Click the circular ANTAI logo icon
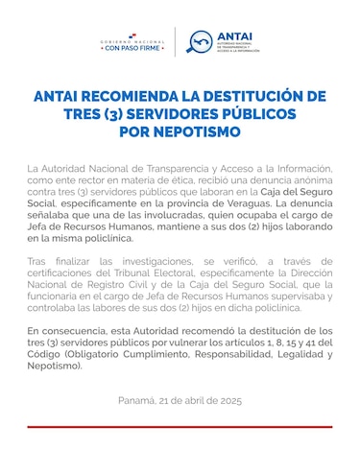201,42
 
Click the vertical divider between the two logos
175,42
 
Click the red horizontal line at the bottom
180,426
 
